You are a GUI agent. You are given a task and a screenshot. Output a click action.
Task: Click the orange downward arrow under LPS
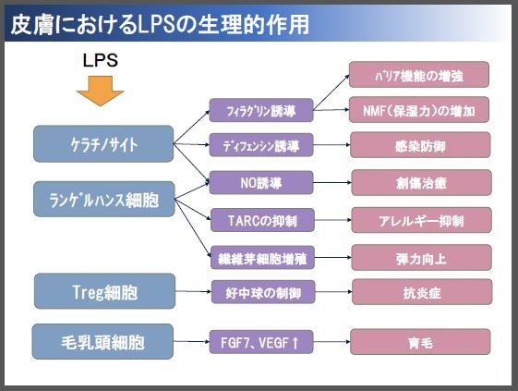pyautogui.click(x=100, y=91)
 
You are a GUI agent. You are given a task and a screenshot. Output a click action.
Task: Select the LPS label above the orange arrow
pyautogui.click(x=100, y=60)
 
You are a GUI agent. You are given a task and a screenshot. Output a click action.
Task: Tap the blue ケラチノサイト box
pyautogui.click(x=103, y=144)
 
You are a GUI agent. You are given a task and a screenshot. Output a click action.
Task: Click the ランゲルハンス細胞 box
pyautogui.click(x=104, y=199)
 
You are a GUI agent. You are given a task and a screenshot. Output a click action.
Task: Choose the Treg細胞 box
pyautogui.click(x=104, y=291)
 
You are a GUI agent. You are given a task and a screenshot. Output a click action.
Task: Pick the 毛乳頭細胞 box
pyautogui.click(x=102, y=341)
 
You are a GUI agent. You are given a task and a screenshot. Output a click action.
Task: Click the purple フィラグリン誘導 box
pyautogui.click(x=261, y=110)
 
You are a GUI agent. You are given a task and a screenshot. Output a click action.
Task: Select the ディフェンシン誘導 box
pyautogui.click(x=261, y=145)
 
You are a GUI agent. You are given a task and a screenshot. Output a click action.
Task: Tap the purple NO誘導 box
pyautogui.click(x=261, y=183)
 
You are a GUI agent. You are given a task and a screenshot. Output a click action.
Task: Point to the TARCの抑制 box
pyautogui.click(x=262, y=220)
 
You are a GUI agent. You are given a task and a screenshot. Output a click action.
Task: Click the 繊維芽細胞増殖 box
pyautogui.click(x=262, y=257)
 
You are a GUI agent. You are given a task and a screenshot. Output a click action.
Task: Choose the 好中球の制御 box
pyautogui.click(x=263, y=292)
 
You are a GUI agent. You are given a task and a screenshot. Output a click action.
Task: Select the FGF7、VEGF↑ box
pyautogui.click(x=261, y=342)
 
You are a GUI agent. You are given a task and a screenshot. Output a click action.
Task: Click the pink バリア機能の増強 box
pyautogui.click(x=419, y=75)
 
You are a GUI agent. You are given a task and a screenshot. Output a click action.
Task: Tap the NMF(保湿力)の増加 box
pyautogui.click(x=419, y=109)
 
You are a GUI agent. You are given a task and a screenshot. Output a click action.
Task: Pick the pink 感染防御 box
pyautogui.click(x=420, y=145)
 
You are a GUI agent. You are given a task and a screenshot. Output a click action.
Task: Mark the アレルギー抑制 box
pyautogui.click(x=422, y=220)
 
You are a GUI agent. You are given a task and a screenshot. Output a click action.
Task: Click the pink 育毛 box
pyautogui.click(x=420, y=342)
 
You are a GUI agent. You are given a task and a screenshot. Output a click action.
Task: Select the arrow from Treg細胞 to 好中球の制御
pyautogui.click(x=193, y=291)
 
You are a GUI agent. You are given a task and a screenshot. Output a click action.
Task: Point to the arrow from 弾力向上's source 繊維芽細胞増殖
pyautogui.click(x=333, y=257)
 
